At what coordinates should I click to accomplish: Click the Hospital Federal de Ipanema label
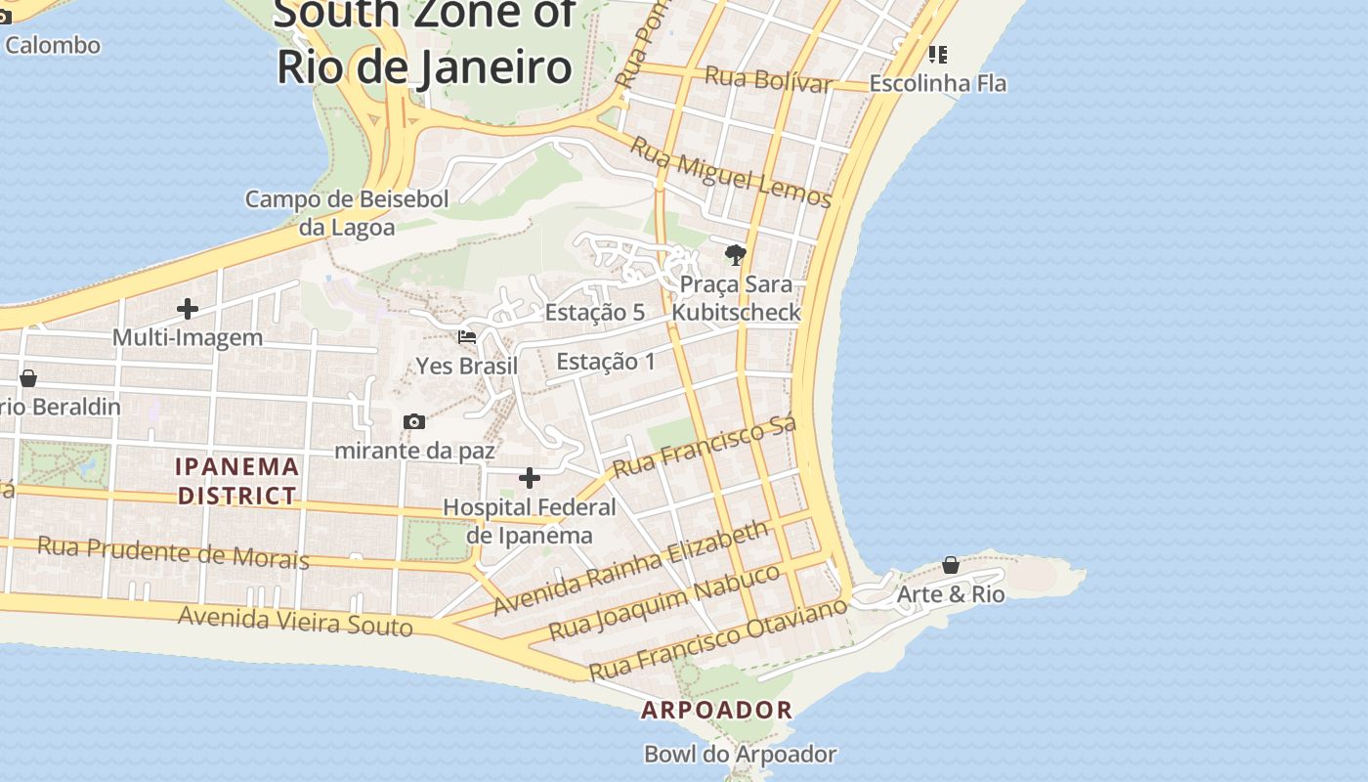point(530,521)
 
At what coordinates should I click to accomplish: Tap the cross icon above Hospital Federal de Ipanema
point(530,478)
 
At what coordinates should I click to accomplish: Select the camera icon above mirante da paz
point(414,421)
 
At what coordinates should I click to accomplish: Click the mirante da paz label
point(414,451)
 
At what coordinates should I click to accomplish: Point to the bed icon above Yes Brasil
point(467,337)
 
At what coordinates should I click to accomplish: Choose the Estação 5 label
point(595,313)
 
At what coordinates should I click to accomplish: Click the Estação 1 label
point(606,362)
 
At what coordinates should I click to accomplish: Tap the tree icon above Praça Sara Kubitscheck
point(736,256)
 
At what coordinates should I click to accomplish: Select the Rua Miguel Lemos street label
point(730,173)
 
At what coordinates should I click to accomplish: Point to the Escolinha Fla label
point(938,83)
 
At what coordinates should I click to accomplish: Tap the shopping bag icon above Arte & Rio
point(951,565)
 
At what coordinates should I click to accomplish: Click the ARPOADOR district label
point(716,711)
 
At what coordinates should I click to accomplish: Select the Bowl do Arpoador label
point(740,755)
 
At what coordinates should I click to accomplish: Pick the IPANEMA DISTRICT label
point(236,481)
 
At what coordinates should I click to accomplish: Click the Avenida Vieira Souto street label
point(295,620)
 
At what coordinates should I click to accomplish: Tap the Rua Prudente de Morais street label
point(173,552)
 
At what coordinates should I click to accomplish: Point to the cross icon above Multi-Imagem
point(188,309)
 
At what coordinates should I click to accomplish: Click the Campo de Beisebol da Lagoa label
point(347,213)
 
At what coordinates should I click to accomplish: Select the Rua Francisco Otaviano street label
point(717,639)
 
